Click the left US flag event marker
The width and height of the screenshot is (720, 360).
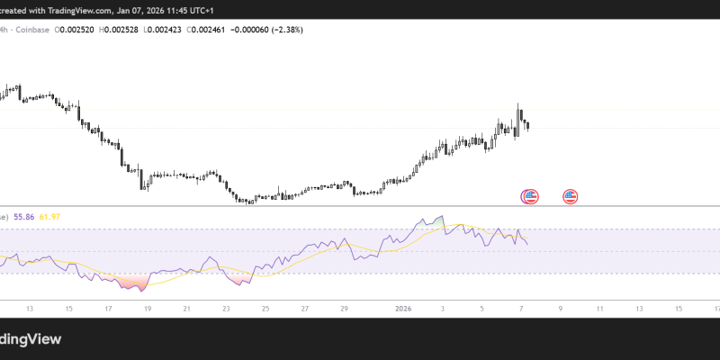click(x=530, y=196)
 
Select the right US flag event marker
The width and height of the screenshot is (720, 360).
click(x=571, y=196)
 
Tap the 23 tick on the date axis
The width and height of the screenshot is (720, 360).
click(x=226, y=309)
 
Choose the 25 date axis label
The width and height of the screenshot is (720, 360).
click(x=265, y=309)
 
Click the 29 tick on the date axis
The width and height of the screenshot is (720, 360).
click(x=345, y=309)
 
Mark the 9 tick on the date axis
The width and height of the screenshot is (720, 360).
click(x=561, y=309)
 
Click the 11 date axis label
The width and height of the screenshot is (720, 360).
click(x=600, y=309)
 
